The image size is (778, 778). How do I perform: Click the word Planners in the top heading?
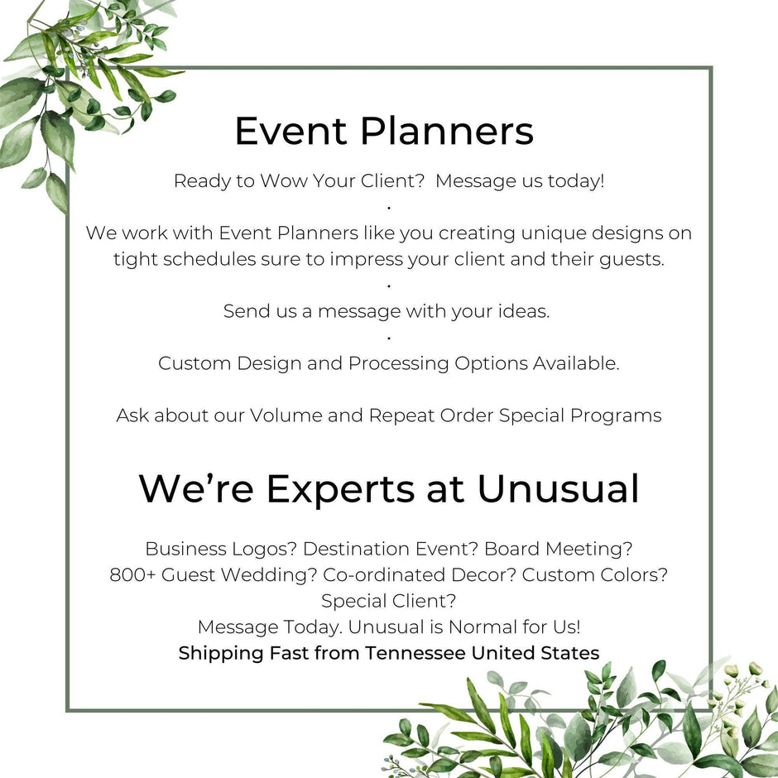tap(447, 132)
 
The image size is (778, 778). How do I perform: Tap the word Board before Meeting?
tap(511, 549)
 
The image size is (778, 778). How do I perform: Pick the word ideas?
tap(526, 311)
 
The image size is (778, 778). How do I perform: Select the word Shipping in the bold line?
tap(221, 653)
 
